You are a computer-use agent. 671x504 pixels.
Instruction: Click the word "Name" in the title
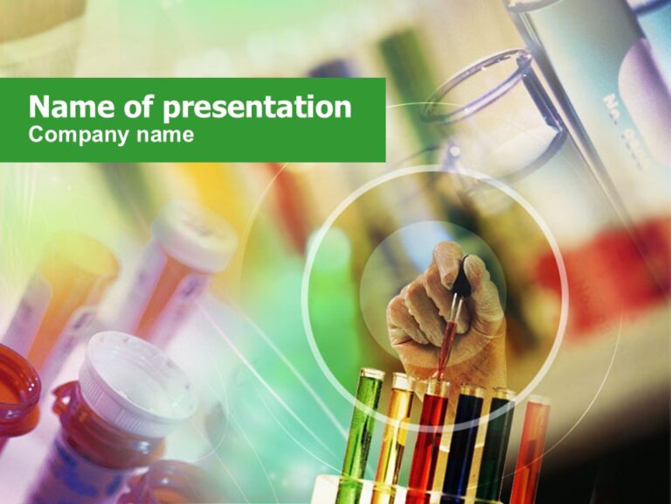[63, 108]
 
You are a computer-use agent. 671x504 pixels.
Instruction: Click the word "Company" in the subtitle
[77, 136]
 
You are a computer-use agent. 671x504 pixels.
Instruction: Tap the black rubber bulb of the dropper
[460, 278]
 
